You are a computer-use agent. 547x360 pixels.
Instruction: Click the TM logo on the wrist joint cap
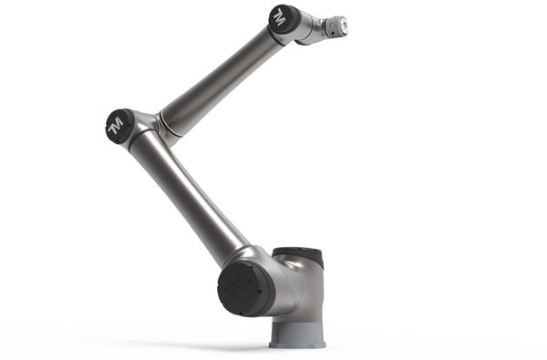(x=280, y=20)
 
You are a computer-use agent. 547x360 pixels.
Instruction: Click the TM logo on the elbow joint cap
(x=115, y=126)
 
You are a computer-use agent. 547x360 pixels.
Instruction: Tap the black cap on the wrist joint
(x=284, y=19)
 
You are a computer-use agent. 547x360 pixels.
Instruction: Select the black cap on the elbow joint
(x=119, y=125)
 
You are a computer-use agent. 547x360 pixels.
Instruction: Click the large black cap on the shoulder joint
(x=246, y=289)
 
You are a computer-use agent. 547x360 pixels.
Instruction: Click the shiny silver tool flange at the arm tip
(x=344, y=26)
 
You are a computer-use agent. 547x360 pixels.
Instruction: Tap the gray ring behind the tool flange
(x=333, y=27)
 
